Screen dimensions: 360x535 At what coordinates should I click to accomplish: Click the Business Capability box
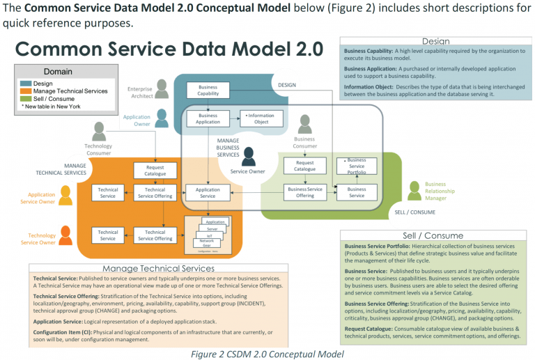(208, 91)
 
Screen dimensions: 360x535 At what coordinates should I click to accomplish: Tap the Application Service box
(208, 193)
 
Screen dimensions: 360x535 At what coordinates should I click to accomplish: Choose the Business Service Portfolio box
(356, 166)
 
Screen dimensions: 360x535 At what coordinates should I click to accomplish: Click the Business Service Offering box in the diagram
(304, 193)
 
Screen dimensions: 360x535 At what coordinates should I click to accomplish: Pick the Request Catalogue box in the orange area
(155, 171)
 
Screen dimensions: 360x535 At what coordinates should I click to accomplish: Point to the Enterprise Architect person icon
(162, 89)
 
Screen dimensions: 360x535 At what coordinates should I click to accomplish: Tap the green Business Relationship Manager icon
(414, 189)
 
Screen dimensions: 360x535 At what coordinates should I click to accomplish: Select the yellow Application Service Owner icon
(65, 196)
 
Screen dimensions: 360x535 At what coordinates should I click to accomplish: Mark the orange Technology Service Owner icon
(65, 235)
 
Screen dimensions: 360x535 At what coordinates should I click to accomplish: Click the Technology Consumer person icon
(99, 132)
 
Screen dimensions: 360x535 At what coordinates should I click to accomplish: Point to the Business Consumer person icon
(304, 125)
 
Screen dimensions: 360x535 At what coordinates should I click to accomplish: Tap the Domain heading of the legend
(58, 72)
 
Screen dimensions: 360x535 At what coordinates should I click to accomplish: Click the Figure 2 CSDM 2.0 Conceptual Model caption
(267, 353)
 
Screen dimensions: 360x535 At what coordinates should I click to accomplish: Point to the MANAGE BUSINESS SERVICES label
(228, 148)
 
